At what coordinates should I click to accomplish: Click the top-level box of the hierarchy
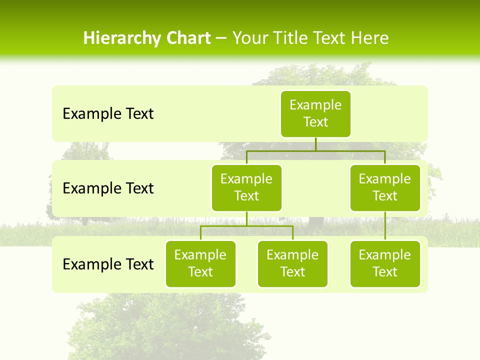[315, 114]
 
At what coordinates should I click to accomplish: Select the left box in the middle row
[246, 188]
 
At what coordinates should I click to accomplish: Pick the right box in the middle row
[385, 188]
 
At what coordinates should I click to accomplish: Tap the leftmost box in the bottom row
[200, 264]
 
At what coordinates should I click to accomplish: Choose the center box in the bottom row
[292, 264]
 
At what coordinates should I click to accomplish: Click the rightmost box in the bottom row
[385, 264]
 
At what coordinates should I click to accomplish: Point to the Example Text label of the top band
[108, 114]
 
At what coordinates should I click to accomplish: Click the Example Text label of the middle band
[108, 188]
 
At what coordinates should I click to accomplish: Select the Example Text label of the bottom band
[108, 264]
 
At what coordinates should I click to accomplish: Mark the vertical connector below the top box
[315, 144]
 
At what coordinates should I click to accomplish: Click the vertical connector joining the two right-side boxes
[385, 226]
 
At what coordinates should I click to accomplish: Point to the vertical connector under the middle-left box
[246, 218]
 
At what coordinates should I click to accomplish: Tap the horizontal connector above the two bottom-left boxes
[246, 226]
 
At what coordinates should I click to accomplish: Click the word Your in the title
[248, 38]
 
